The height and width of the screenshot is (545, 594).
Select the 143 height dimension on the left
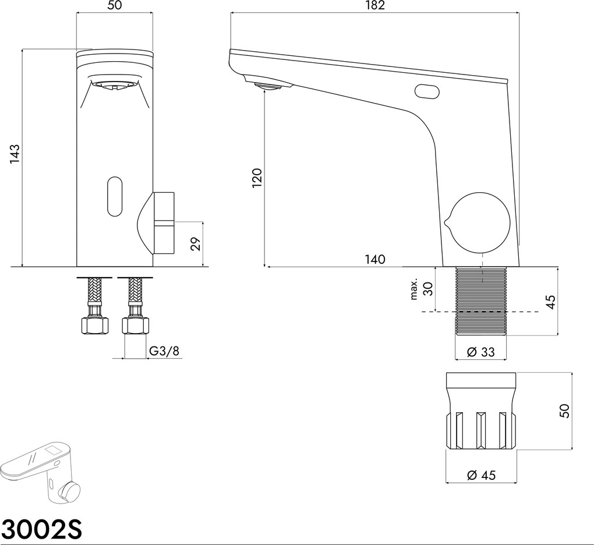tap(15, 154)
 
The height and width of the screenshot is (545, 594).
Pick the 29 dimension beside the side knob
tap(196, 243)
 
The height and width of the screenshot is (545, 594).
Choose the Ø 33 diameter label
tap(480, 351)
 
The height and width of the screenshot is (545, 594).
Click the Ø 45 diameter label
tap(480, 475)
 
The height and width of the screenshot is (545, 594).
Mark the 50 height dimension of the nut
tap(564, 410)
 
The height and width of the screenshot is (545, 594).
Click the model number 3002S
tap(42, 529)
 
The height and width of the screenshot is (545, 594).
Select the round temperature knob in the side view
tap(480, 222)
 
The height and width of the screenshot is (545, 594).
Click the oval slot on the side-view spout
tap(427, 91)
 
